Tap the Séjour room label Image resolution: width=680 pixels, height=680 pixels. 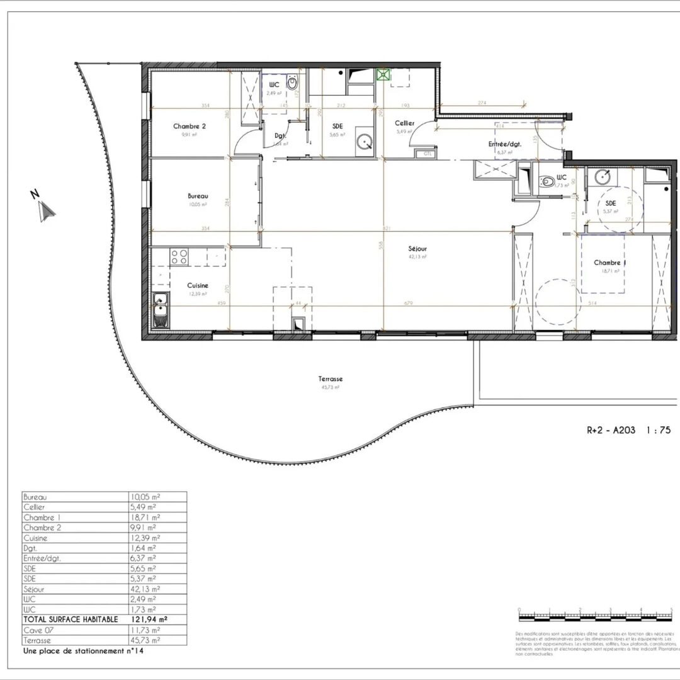pos(417,249)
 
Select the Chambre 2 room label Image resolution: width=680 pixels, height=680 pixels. pos(190,127)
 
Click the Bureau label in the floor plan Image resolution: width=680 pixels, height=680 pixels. pos(198,196)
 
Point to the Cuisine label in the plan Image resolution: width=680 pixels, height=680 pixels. pos(197,286)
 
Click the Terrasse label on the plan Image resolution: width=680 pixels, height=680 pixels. pos(330,379)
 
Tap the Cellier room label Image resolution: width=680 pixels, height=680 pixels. pos(404,123)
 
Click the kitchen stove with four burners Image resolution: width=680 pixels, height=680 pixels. pos(179,256)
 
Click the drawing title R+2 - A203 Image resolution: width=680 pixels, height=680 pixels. pos(611,431)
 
